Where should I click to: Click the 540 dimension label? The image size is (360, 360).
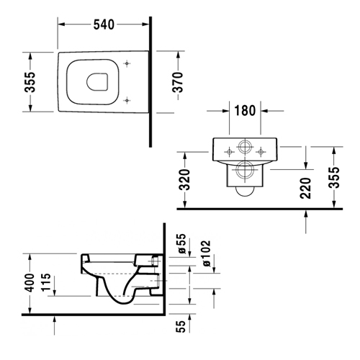coord(104,24)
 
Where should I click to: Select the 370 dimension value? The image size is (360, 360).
coord(178,82)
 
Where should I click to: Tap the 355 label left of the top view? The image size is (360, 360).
coord(30,82)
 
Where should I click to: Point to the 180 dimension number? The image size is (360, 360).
coord(245,111)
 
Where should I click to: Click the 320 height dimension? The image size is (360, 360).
coord(185,180)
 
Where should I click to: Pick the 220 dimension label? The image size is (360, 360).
coord(305,189)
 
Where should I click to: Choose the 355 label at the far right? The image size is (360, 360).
coord(334,178)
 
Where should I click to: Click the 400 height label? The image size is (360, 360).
coord(30,282)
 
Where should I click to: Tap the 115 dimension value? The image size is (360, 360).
coord(46,282)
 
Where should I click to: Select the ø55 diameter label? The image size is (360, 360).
coord(181,243)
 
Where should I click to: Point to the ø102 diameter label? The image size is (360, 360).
coord(206,253)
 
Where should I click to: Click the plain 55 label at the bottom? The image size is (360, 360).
coord(181,326)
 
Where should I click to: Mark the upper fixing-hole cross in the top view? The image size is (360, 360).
coord(127,63)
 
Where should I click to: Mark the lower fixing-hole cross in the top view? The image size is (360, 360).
coord(127,100)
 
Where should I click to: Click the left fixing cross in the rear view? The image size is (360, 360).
coord(229,152)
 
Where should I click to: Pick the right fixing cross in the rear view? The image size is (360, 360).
coord(261,152)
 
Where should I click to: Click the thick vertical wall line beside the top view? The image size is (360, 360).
coord(150,82)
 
